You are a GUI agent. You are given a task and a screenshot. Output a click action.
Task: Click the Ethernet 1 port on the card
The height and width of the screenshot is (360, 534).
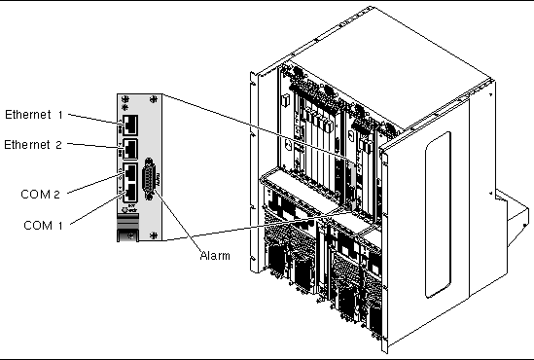tap(130, 125)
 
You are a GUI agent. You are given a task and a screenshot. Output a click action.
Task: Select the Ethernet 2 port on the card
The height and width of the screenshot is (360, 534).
tap(130, 148)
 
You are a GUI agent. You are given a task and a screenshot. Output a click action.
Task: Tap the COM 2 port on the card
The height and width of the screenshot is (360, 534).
tap(130, 173)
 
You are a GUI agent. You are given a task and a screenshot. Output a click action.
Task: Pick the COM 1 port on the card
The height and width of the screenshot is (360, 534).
tap(130, 193)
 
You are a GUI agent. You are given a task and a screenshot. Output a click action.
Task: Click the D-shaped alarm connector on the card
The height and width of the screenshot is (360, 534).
tap(149, 178)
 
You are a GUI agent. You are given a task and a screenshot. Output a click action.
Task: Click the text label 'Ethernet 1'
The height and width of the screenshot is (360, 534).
tap(34, 115)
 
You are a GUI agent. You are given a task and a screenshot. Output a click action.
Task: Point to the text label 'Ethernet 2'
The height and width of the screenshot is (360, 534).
tap(33, 145)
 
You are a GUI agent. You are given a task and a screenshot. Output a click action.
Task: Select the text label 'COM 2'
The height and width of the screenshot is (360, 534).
tap(40, 195)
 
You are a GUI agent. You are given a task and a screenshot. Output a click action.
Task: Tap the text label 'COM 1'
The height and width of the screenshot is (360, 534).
tap(43, 225)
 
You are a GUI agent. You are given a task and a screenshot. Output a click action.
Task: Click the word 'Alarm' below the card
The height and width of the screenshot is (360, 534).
tap(215, 256)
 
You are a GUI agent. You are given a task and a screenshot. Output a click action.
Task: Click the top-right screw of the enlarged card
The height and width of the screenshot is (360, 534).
tap(154, 99)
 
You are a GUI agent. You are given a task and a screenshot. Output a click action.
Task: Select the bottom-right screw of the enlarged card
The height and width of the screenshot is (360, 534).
tap(154, 235)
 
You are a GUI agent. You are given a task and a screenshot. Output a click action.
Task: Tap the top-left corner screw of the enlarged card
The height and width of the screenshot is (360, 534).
tap(125, 99)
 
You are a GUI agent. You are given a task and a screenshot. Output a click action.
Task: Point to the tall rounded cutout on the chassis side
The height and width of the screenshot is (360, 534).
tap(438, 215)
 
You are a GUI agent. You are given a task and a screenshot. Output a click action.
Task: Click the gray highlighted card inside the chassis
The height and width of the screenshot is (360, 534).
tap(351, 185)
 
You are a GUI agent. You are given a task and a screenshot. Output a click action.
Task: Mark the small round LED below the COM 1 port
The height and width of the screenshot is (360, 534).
tap(125, 210)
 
